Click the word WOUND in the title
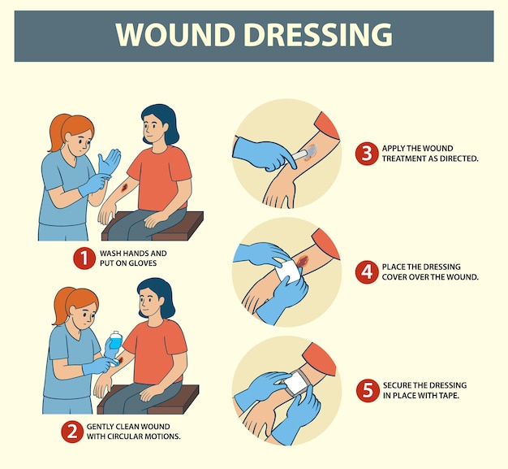(175, 35)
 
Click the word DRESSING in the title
(318, 35)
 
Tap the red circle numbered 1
(84, 258)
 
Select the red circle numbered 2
(72, 432)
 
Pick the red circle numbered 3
(367, 153)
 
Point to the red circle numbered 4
(367, 271)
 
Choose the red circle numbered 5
(368, 390)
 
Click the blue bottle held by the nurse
(115, 340)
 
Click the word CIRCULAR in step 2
(125, 436)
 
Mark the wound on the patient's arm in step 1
(125, 189)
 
